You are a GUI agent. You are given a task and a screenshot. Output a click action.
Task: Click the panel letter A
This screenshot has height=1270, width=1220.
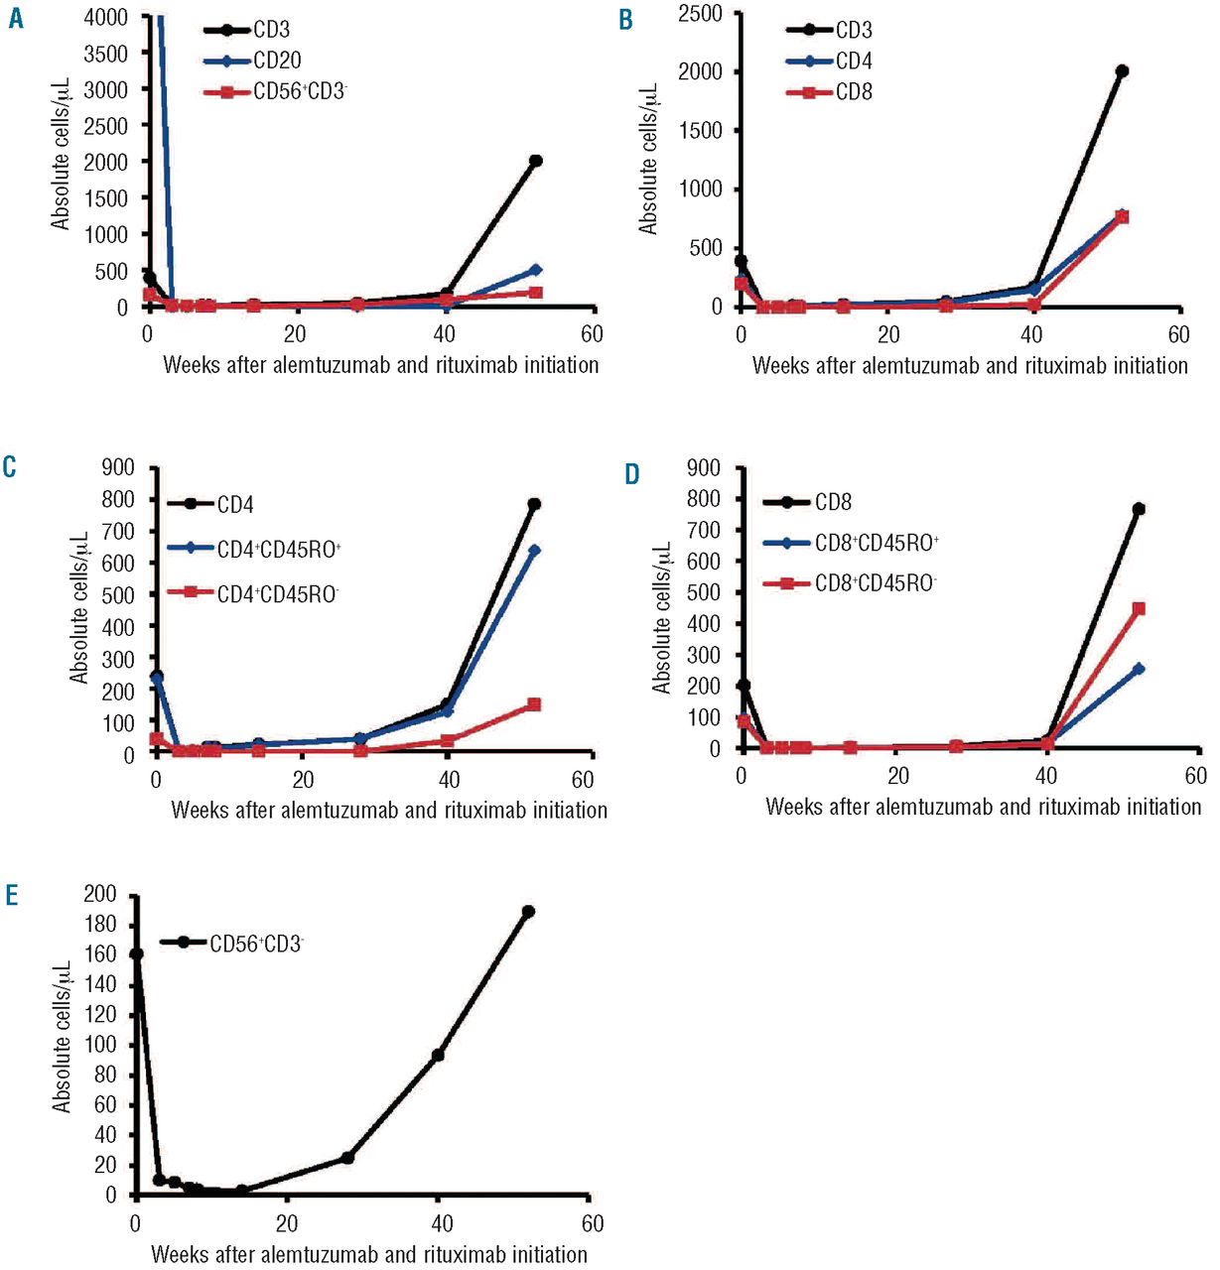point(16,20)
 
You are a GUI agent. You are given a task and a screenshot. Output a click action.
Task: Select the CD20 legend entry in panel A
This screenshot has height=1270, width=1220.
point(277,62)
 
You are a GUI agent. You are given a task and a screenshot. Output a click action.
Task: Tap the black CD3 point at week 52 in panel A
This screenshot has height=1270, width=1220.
point(535,161)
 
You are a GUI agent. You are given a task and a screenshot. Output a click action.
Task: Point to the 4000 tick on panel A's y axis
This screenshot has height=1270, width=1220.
point(106,17)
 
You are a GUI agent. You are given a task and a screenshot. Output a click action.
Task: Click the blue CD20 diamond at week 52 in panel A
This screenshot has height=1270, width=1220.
point(535,270)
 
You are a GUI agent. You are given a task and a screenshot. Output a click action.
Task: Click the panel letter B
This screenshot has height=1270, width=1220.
point(625,20)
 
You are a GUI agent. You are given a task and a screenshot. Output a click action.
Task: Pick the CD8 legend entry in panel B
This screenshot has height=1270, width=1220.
point(854,92)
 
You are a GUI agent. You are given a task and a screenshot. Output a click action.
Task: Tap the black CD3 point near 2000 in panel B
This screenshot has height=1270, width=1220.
point(1122,71)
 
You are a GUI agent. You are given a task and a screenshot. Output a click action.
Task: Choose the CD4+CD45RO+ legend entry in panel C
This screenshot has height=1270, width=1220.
point(279,549)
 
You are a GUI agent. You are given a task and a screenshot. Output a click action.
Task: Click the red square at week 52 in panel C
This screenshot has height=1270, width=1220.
point(534,704)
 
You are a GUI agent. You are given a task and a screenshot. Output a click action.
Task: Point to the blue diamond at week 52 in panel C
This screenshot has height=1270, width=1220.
point(534,551)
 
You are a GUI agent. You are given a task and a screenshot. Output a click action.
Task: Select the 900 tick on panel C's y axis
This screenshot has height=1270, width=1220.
point(118,467)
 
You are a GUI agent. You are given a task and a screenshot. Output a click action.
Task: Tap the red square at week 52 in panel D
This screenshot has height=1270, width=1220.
point(1139,608)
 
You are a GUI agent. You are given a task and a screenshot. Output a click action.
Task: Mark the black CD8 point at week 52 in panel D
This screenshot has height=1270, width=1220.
point(1139,509)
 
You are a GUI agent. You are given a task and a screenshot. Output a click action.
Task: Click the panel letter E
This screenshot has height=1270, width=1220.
point(12,896)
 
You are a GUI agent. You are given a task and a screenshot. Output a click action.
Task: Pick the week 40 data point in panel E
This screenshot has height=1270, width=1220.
point(438,1055)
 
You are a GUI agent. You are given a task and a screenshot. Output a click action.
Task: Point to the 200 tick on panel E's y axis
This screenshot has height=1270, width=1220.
point(103,895)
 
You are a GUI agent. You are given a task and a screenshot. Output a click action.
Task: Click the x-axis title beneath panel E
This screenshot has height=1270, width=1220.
point(369,1254)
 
